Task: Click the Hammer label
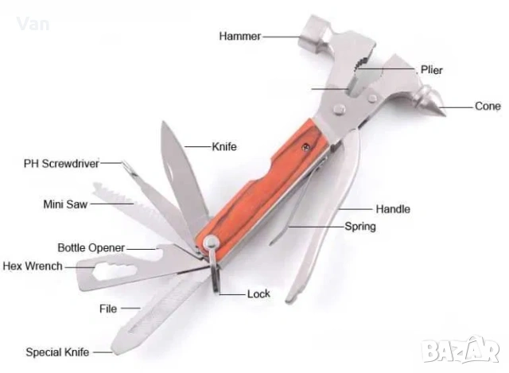239,36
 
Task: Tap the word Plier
431,70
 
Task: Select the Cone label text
488,106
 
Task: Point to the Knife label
224,146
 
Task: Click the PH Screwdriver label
61,164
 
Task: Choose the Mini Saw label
65,204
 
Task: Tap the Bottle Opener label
91,248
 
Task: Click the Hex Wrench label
33,266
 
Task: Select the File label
108,309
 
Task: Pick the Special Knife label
57,352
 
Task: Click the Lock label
258,294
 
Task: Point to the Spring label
360,227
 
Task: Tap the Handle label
393,209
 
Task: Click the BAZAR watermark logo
460,349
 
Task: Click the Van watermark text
33,25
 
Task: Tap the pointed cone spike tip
445,115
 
